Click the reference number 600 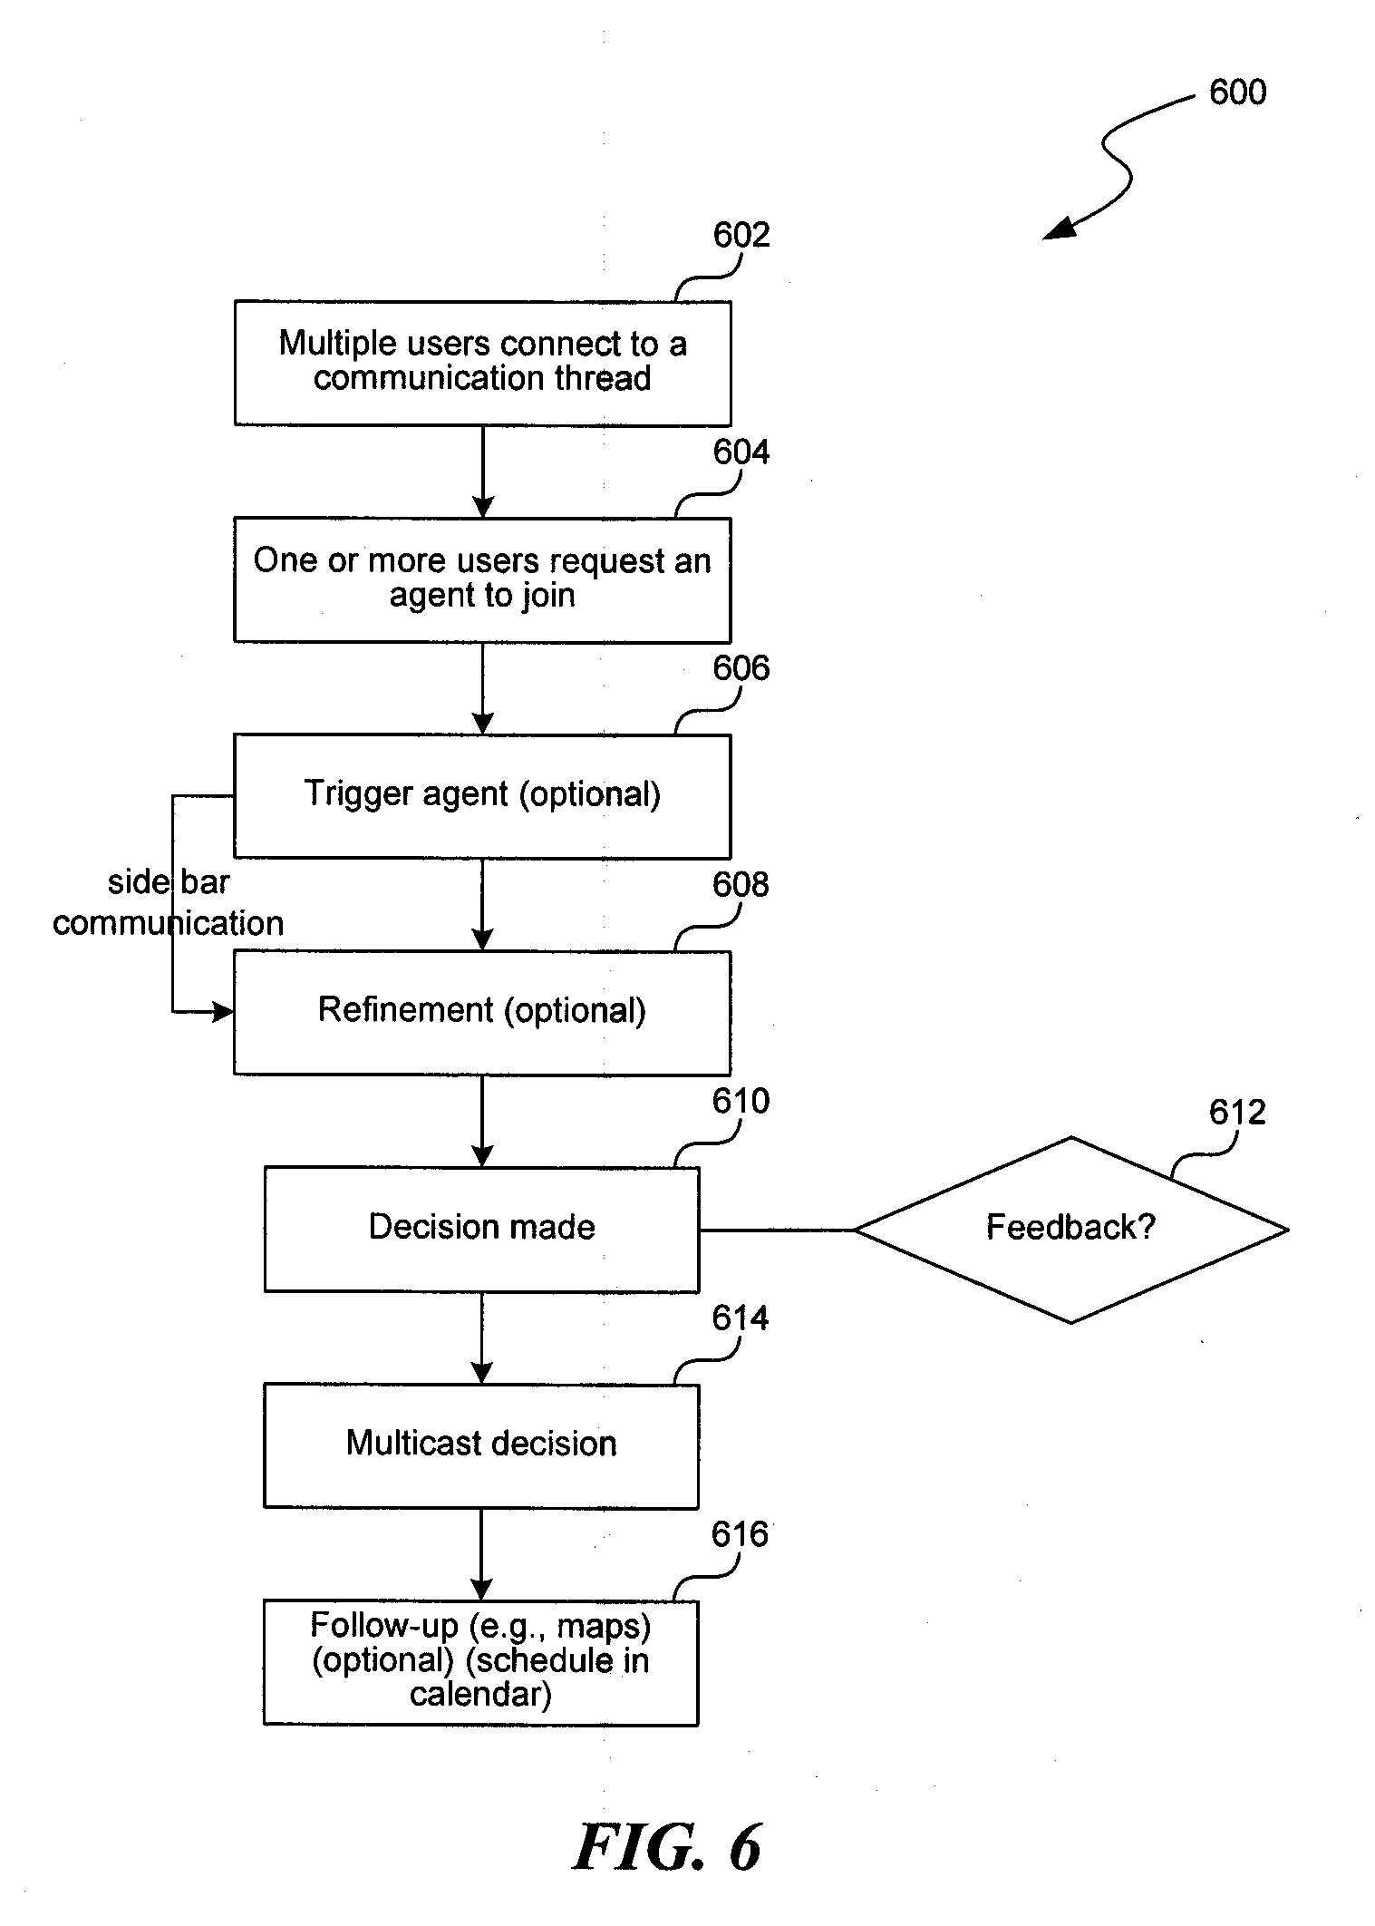pyautogui.click(x=1237, y=92)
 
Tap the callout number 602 pyautogui.click(x=741, y=235)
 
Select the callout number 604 pyautogui.click(x=741, y=452)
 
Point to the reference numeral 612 pyautogui.click(x=1237, y=1112)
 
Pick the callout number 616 pyautogui.click(x=741, y=1534)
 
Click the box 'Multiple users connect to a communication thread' pyautogui.click(x=482, y=364)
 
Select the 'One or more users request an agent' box pyautogui.click(x=482, y=580)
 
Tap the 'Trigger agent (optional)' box pyautogui.click(x=482, y=796)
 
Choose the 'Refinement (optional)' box pyautogui.click(x=482, y=1013)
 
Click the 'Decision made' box pyautogui.click(x=481, y=1230)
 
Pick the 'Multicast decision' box pyautogui.click(x=481, y=1445)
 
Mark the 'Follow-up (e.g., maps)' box pyautogui.click(x=481, y=1662)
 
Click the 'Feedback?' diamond pyautogui.click(x=1070, y=1230)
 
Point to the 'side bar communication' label pyautogui.click(x=169, y=902)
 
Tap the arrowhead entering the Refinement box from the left pyautogui.click(x=223, y=1011)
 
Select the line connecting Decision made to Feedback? pyautogui.click(x=777, y=1230)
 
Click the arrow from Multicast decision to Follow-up pyautogui.click(x=481, y=1554)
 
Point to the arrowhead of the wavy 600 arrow pyautogui.click(x=1056, y=230)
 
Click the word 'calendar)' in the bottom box pyautogui.click(x=480, y=1694)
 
